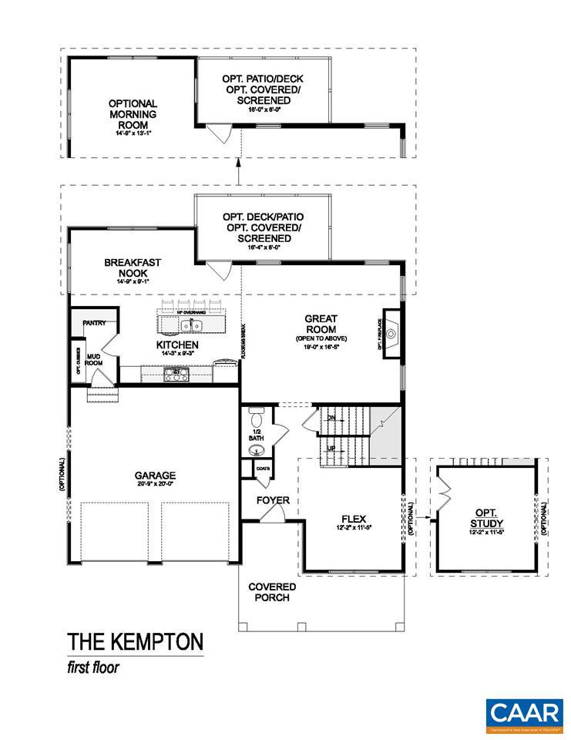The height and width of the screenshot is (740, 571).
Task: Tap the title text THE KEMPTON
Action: point(135,641)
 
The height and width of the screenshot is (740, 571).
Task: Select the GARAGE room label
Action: point(155,476)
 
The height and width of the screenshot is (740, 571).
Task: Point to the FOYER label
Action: point(273,500)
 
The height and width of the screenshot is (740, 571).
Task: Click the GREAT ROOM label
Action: point(321,324)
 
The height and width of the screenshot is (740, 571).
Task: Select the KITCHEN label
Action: point(178,345)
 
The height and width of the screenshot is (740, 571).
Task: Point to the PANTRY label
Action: point(94,323)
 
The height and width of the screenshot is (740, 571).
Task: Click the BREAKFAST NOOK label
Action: point(133,267)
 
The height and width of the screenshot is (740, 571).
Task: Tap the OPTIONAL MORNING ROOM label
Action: point(133,114)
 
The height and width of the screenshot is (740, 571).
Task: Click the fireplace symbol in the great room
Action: point(391,334)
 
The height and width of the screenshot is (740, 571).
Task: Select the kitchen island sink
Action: point(191,324)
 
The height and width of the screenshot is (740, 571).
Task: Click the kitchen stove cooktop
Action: point(176,374)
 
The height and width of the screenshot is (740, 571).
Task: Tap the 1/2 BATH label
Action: point(255,434)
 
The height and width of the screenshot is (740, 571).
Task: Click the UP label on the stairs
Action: point(331,448)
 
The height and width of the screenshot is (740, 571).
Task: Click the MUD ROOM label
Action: point(94,360)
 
